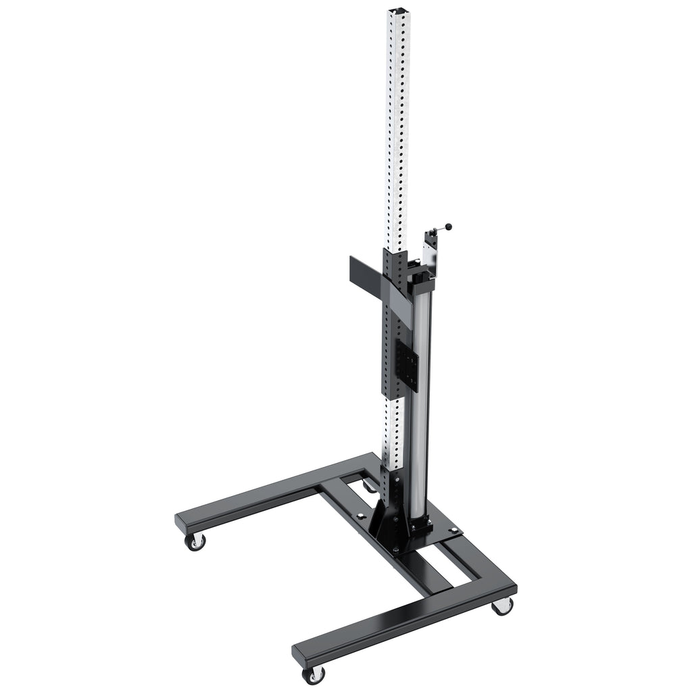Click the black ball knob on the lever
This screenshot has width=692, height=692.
(449, 227)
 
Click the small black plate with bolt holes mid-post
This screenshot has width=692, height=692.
(411, 362)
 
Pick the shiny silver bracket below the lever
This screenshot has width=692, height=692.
(430, 250)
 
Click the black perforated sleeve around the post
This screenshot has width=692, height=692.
(395, 324)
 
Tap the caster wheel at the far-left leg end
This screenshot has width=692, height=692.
(195, 541)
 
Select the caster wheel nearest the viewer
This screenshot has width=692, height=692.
(314, 674)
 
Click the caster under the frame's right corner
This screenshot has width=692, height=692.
(501, 605)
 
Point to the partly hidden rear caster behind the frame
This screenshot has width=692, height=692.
(368, 485)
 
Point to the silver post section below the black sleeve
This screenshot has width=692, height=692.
(394, 432)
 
